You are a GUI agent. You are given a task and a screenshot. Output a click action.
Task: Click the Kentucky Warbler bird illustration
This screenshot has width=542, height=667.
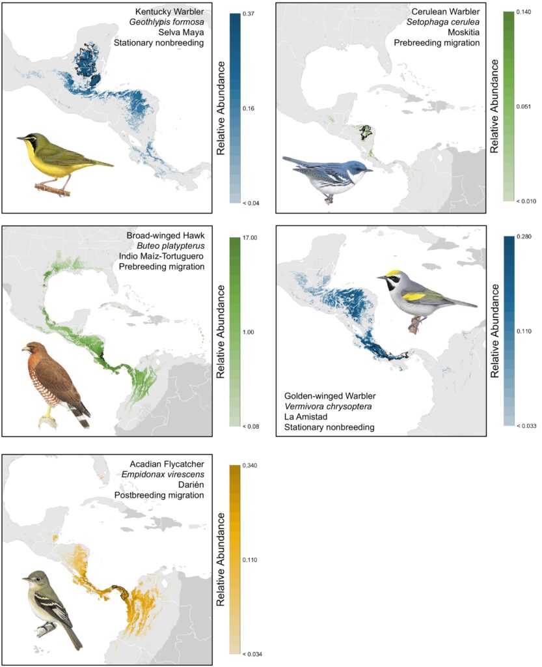pos(62,160)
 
